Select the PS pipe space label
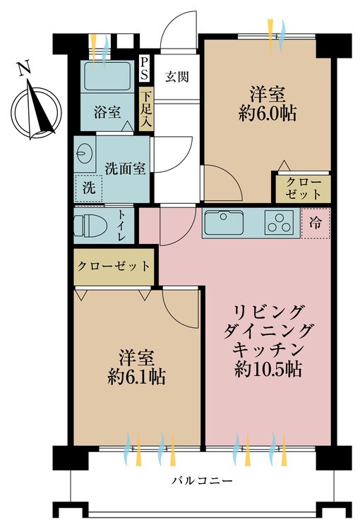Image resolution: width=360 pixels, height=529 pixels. tap(145, 68)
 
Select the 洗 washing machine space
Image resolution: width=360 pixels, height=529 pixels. tap(88, 188)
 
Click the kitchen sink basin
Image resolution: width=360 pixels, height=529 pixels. tap(223, 224)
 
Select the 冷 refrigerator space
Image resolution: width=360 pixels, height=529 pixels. tap(314, 223)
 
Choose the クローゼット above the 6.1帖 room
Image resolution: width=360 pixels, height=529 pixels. tap(113, 267)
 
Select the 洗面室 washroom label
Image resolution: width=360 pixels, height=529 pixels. tap(125, 169)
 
